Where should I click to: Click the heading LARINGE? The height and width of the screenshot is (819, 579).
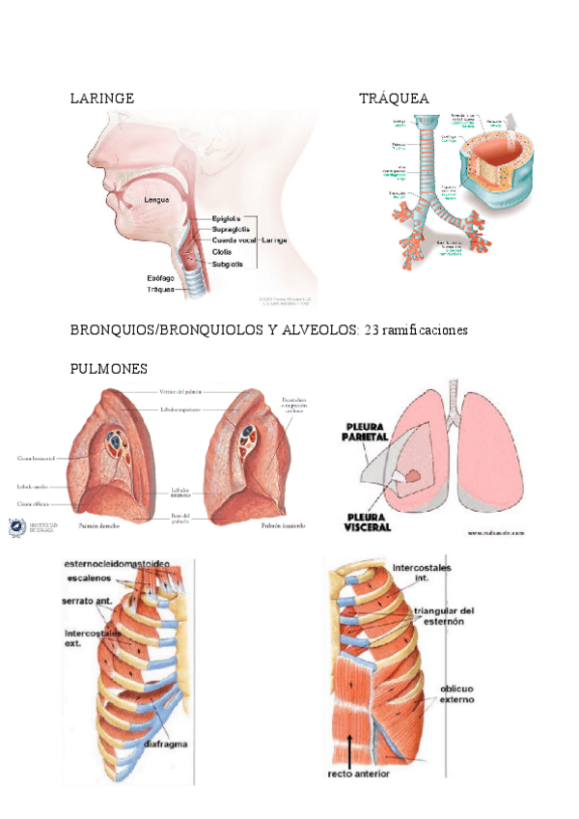[x=102, y=99]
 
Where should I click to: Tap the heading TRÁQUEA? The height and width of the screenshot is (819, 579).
[x=394, y=99]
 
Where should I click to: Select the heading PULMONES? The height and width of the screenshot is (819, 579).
[x=109, y=370]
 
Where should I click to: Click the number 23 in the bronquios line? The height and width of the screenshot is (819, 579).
[x=372, y=330]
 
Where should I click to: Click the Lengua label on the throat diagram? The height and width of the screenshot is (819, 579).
[x=156, y=200]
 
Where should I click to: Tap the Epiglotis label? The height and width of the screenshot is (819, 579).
[x=226, y=218]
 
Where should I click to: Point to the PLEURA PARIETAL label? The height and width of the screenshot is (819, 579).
[x=362, y=431]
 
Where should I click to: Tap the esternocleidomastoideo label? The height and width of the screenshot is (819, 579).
[x=117, y=564]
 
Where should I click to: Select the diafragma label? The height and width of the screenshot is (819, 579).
[x=166, y=744]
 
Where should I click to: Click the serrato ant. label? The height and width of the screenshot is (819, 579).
[x=90, y=601]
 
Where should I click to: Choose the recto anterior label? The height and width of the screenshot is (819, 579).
[x=358, y=774]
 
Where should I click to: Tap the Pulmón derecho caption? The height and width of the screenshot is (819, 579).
[x=100, y=526]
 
